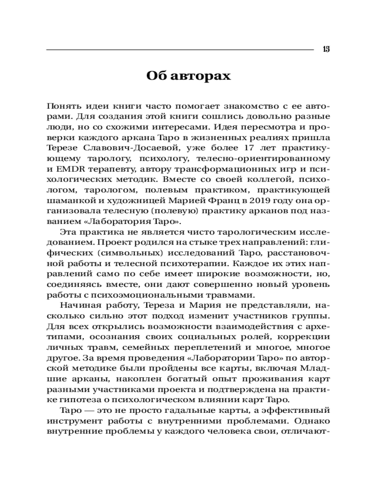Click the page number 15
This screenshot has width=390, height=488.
(x=326, y=49)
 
